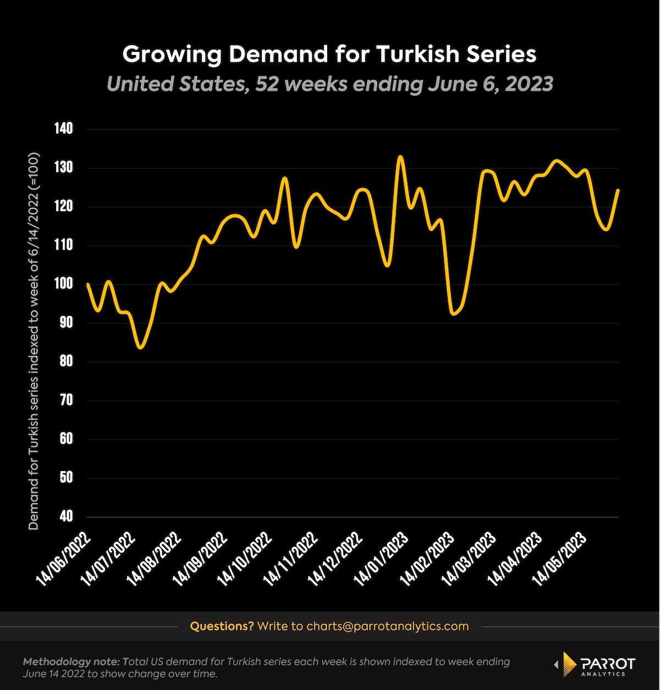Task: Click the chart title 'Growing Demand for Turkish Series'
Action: click(329, 54)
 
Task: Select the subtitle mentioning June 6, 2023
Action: click(329, 84)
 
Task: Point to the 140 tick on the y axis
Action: click(63, 129)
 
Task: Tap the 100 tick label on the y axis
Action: click(63, 284)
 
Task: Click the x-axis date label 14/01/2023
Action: click(384, 558)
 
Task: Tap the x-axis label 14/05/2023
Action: click(567, 558)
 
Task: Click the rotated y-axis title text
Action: click(34, 341)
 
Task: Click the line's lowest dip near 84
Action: click(141, 348)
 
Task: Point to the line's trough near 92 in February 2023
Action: click(453, 314)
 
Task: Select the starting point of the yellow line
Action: click(88, 284)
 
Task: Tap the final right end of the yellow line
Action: click(618, 190)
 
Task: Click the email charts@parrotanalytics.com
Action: click(387, 626)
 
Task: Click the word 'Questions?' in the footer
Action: click(222, 626)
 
